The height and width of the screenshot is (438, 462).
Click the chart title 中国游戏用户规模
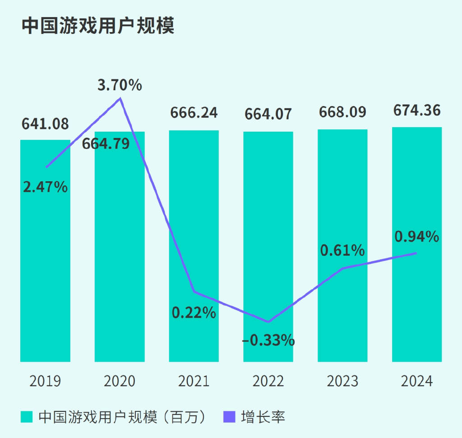tap(98, 26)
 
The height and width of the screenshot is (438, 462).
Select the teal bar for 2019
tap(45, 271)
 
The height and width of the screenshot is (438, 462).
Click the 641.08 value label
tap(45, 123)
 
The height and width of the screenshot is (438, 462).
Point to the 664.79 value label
tap(106, 144)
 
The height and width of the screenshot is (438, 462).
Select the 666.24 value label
tap(194, 113)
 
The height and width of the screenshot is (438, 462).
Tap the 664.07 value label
tap(268, 114)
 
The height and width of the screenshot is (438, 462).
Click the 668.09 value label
tap(342, 112)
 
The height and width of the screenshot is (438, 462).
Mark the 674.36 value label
tap(417, 110)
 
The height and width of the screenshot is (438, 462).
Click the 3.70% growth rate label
tap(120, 85)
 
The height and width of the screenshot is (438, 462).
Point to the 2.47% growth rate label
tap(45, 186)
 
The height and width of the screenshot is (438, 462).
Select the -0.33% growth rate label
tap(268, 340)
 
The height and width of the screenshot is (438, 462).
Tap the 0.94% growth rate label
tap(417, 236)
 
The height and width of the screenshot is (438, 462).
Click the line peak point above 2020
tap(120, 98)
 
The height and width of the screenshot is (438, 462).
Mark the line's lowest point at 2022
tap(268, 322)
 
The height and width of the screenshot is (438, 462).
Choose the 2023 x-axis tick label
tap(342, 381)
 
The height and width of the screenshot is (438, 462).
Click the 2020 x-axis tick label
tap(120, 381)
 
